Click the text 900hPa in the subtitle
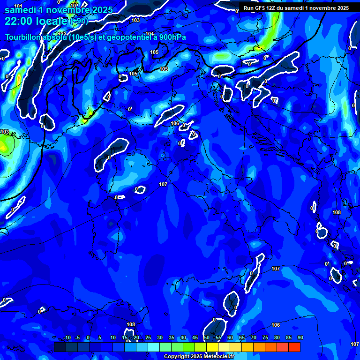tap(171, 37)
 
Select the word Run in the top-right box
tap(248, 8)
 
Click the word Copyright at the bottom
tap(177, 357)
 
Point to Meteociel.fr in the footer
tap(219, 357)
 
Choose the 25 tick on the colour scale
tap(148, 338)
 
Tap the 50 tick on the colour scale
tap(206, 338)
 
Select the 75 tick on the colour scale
tap(265, 338)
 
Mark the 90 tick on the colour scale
tap(300, 338)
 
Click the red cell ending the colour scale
tap(294, 347)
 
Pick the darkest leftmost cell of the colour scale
tap(60, 347)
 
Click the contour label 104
tap(150, 34)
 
